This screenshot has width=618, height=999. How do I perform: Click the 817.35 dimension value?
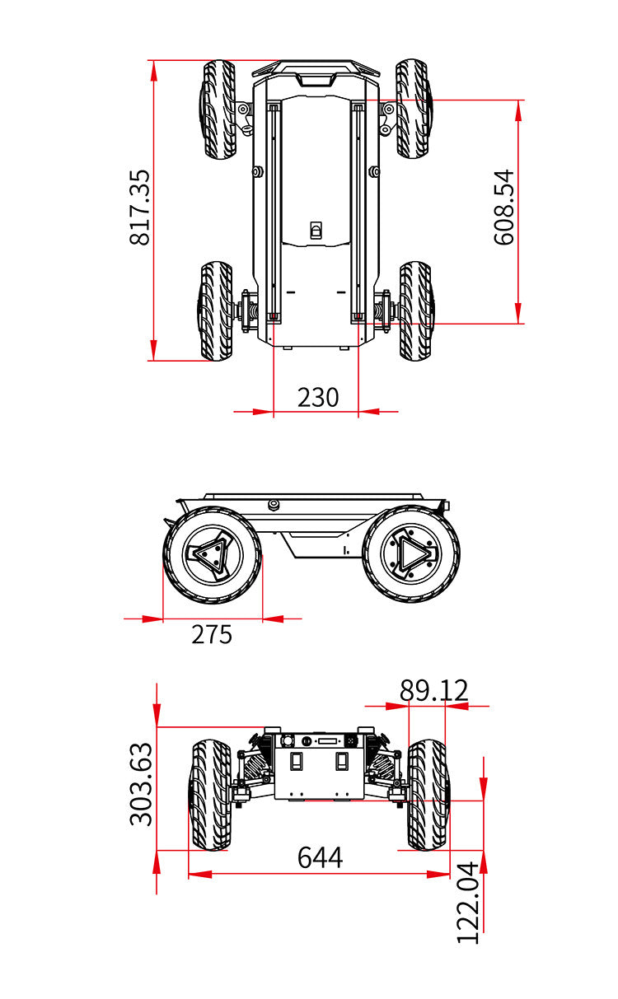pos(139,208)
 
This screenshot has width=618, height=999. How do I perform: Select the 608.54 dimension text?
pos(504,208)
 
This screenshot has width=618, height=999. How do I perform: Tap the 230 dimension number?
pos(318,397)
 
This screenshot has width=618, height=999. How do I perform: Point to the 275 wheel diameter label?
pos(212,634)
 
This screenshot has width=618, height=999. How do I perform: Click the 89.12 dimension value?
pos(433,691)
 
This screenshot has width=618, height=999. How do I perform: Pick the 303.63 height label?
pos(141,785)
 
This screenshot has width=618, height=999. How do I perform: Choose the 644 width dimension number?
pos(320,857)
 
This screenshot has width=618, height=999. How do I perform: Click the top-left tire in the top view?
pos(218,110)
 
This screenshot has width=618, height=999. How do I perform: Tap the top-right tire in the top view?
pos(414,109)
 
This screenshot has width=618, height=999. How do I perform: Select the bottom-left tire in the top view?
pos(216,310)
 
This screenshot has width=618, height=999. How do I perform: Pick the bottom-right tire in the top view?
pos(416,310)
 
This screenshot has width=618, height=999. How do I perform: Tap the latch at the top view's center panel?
pos(316,230)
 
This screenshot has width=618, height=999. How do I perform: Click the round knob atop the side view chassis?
pos(274,504)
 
